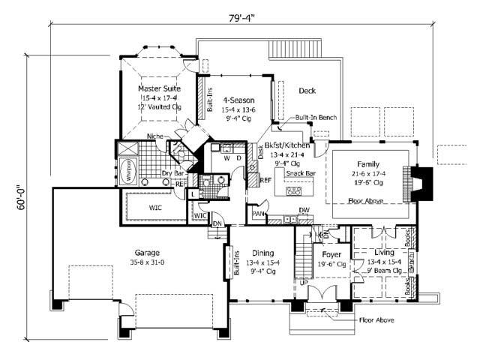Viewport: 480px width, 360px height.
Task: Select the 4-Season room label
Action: click(x=239, y=100)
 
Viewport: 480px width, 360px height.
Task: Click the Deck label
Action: click(x=307, y=91)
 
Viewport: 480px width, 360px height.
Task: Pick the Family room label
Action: click(x=367, y=163)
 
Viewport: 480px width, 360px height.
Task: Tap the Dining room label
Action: click(x=262, y=253)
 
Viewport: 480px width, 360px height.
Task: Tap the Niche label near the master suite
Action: click(x=155, y=136)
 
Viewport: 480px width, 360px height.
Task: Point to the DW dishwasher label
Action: click(x=304, y=211)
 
